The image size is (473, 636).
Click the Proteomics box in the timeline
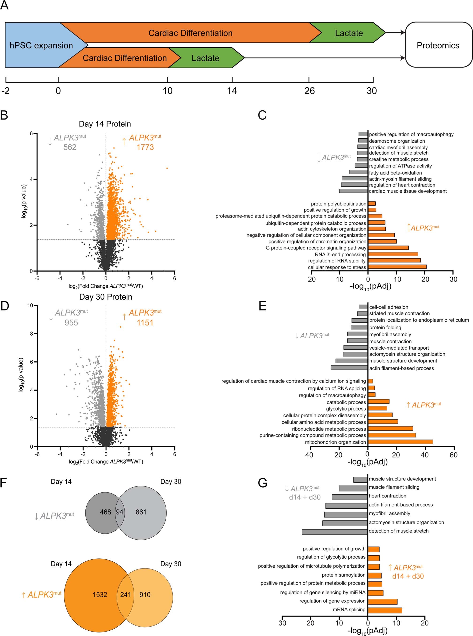(438, 45)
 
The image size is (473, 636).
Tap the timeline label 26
(309, 91)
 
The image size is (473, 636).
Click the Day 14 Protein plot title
(105, 124)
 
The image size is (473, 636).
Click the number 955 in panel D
(71, 323)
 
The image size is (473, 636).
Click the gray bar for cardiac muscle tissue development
(353, 191)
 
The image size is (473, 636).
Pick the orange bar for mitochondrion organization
(400, 442)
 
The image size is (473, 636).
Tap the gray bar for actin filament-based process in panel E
(349, 368)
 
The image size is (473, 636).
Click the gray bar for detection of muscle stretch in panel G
(334, 531)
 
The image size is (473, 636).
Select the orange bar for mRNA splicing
(385, 610)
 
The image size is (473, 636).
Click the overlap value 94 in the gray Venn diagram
(119, 512)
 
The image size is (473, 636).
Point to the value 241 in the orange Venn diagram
(126, 595)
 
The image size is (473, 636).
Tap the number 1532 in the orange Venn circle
(100, 595)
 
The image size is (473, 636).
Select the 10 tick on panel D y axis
(30, 305)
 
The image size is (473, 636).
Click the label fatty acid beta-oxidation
(395, 173)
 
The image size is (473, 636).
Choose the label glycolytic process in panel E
(346, 409)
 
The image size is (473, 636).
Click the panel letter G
(263, 483)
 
